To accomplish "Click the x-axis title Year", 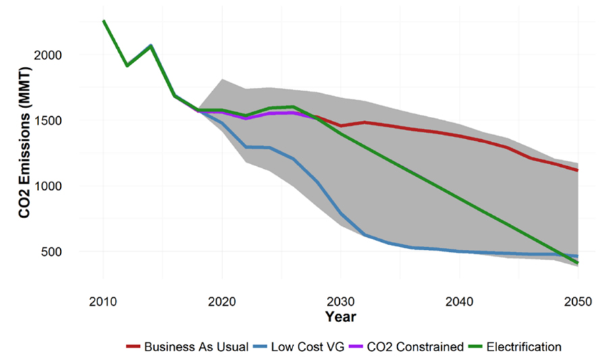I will pyautogui.click(x=340, y=316).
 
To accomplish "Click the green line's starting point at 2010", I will pyautogui.click(x=103, y=21).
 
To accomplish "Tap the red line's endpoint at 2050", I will pyautogui.click(x=578, y=170).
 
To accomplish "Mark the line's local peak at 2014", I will pyautogui.click(x=151, y=46).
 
